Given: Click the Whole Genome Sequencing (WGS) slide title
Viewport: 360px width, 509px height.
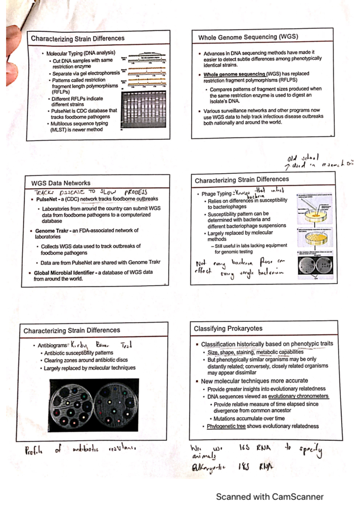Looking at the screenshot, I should [248, 37].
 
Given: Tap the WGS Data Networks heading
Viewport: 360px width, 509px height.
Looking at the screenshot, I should [61, 183].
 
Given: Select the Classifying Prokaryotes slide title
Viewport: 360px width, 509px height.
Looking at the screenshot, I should [228, 329].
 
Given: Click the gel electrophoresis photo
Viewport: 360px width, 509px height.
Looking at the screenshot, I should [143, 110].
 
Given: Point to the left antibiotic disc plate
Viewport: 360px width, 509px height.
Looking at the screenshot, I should [72, 405].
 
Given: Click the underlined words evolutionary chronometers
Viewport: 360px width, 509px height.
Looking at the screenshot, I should [298, 396].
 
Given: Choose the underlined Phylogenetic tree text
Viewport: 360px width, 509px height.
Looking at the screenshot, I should [226, 426].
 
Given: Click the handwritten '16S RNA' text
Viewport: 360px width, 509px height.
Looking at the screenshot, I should [255, 448].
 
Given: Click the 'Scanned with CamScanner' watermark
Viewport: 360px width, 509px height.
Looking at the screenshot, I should [269, 497].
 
